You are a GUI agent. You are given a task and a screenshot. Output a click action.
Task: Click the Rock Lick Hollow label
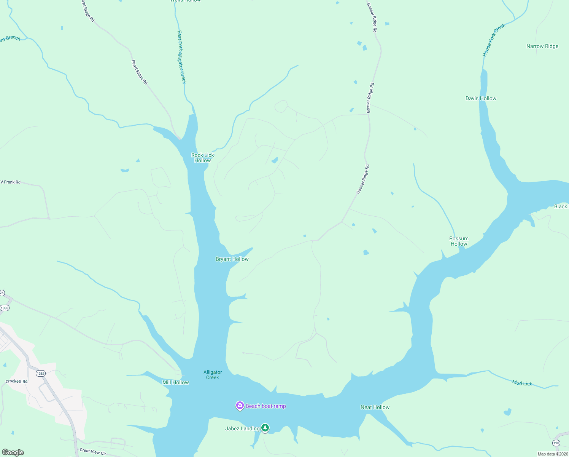[203, 158]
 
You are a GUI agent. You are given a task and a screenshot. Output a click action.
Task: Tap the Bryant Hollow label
[232, 259]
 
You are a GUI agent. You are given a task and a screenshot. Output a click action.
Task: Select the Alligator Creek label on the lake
[213, 375]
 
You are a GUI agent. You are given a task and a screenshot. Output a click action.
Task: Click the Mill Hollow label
[175, 382]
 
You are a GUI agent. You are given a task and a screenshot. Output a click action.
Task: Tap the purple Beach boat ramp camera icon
[240, 406]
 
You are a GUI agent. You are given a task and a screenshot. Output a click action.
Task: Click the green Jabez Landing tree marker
[265, 428]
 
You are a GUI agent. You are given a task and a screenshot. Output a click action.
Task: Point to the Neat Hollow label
[375, 407]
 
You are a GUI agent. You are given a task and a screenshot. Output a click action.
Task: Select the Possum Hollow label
[459, 241]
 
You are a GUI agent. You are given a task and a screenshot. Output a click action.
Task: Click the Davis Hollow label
[481, 98]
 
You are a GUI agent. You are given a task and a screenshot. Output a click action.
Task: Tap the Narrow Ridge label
[542, 46]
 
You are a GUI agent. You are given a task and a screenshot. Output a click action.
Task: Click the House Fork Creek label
[494, 40]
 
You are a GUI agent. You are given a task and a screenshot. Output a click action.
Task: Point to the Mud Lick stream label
[522, 383]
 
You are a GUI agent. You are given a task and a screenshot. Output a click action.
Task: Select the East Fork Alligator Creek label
[182, 57]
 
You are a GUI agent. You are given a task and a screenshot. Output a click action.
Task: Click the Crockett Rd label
[17, 381]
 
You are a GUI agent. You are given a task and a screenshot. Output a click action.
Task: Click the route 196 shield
[556, 443]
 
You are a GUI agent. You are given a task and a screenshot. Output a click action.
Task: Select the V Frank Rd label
[11, 182]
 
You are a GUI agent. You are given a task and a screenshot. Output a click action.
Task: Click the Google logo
[13, 452]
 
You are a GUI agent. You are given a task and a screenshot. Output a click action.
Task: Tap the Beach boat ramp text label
[266, 406]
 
